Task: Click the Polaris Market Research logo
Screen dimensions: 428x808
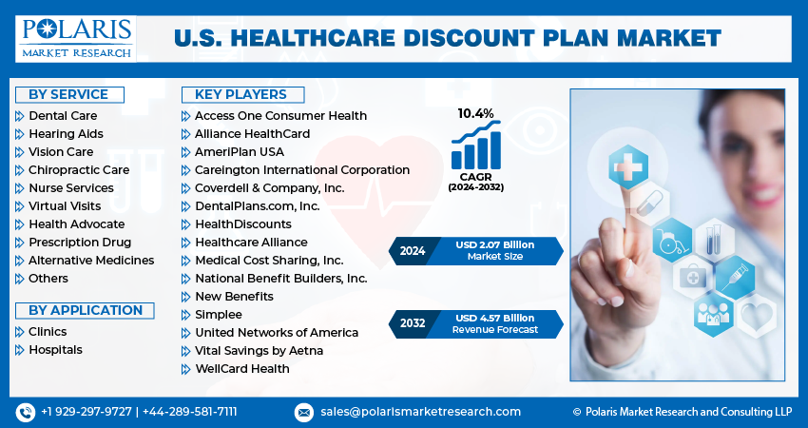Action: (x=76, y=38)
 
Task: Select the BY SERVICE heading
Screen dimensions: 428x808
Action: (x=68, y=94)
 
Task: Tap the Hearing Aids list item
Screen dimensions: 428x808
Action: (x=66, y=134)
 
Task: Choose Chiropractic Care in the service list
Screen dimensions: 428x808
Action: (x=78, y=170)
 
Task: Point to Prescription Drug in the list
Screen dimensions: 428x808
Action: (x=80, y=243)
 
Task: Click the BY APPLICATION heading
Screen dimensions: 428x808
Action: (x=86, y=310)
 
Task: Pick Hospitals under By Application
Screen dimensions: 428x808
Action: (x=55, y=350)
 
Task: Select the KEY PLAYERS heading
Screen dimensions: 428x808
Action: (x=240, y=94)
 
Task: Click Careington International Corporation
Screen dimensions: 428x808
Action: (x=302, y=170)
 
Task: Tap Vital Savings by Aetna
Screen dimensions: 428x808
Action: (x=259, y=351)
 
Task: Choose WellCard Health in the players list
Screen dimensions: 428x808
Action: (x=242, y=369)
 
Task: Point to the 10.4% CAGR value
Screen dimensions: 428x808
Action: (x=475, y=113)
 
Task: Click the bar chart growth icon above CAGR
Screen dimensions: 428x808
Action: (x=475, y=148)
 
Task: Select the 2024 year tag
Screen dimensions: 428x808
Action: (x=411, y=251)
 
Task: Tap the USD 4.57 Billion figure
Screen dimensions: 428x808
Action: (x=494, y=318)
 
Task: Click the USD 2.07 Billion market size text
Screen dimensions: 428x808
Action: (x=494, y=245)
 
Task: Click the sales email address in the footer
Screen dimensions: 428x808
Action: (x=419, y=412)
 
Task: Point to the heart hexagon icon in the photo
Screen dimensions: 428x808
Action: (x=758, y=315)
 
